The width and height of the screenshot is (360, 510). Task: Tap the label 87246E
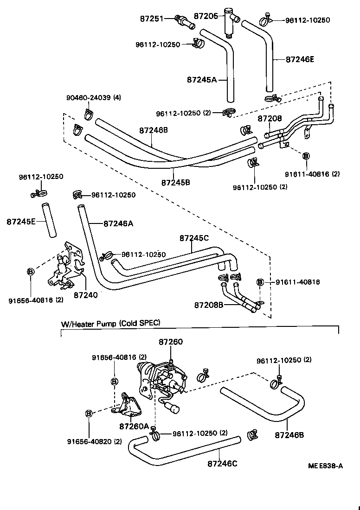point(300,59)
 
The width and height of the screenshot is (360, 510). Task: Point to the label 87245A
point(202,79)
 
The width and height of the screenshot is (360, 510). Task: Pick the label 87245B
point(176,182)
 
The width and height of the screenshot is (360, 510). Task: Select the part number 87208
point(270,119)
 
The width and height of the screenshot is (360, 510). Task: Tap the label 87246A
point(118,223)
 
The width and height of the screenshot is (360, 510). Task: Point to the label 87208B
point(209,305)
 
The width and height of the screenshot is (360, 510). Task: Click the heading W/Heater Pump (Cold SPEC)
point(110,323)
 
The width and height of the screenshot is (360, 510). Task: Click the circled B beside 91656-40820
point(89,413)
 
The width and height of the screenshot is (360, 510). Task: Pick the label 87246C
point(222,463)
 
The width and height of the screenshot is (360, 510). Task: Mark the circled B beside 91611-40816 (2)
point(305,156)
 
